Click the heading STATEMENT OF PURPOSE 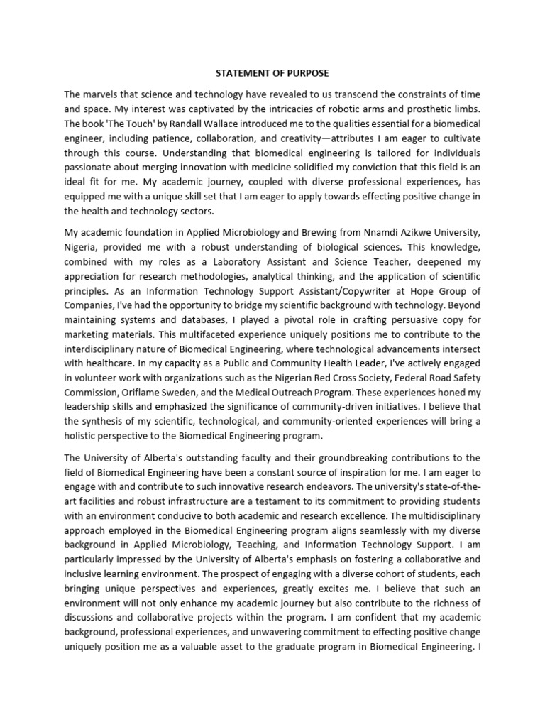pyautogui.click(x=272, y=73)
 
